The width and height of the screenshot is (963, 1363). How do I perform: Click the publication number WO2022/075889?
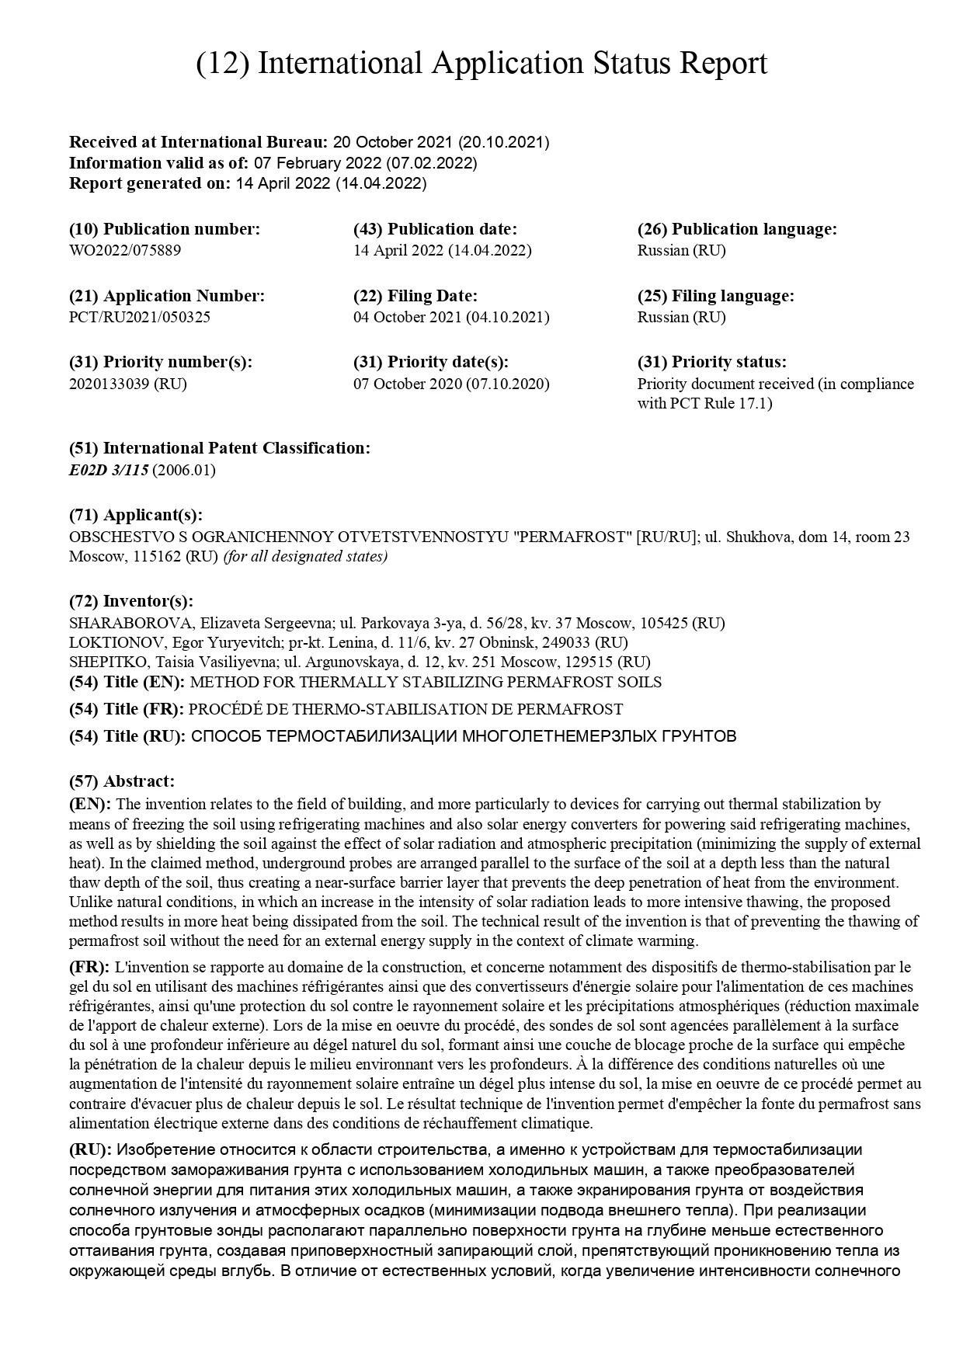pyautogui.click(x=125, y=250)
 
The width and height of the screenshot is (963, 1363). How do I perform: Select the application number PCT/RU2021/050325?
pyautogui.click(x=140, y=317)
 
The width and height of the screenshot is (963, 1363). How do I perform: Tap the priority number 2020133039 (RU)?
pyautogui.click(x=128, y=384)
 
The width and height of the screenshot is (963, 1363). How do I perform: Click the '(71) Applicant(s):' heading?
pyautogui.click(x=136, y=515)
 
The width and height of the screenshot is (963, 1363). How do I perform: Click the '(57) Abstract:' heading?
pyautogui.click(x=122, y=781)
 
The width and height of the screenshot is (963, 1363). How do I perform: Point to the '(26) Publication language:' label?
pyautogui.click(x=737, y=229)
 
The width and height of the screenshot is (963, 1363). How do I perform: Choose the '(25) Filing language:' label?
pyautogui.click(x=715, y=296)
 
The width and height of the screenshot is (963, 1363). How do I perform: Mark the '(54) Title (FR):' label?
pyautogui.click(x=127, y=709)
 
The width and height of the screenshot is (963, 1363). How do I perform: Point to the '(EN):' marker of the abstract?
pyautogui.click(x=90, y=804)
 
